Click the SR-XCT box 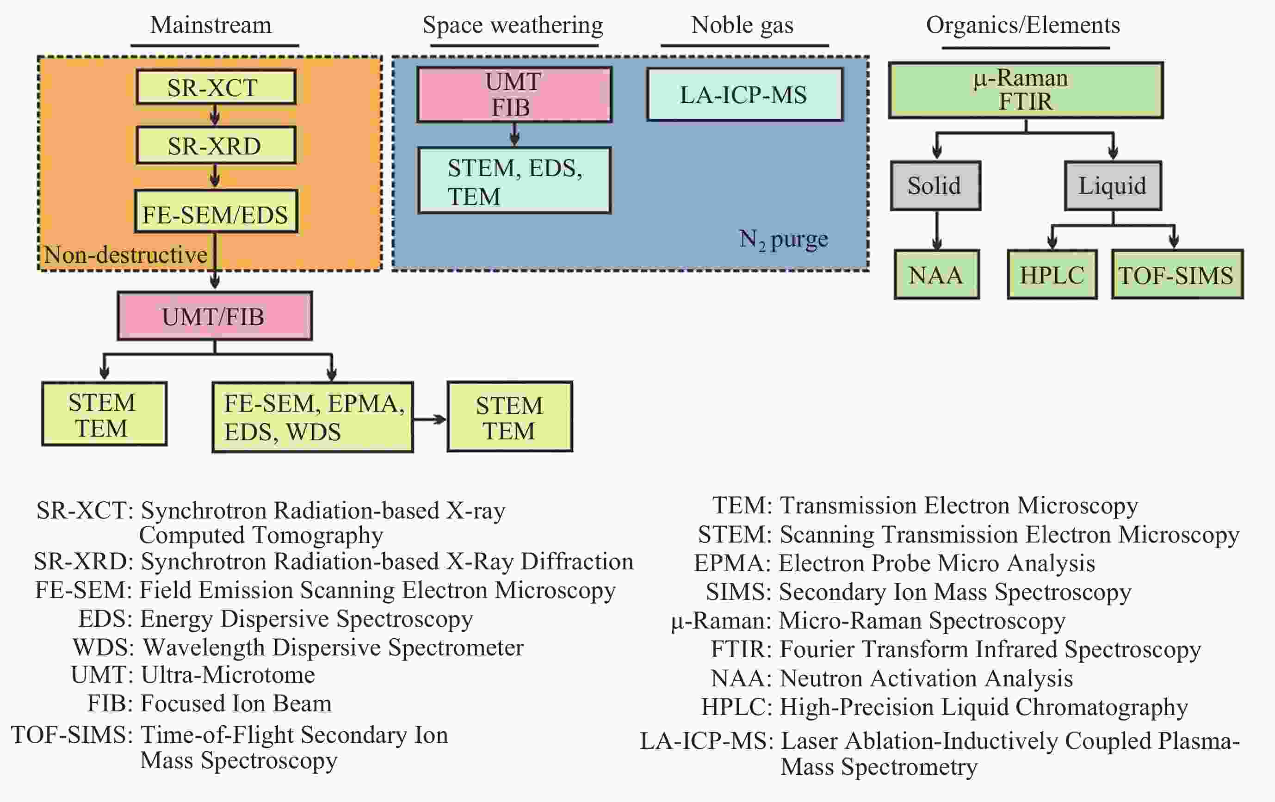216,87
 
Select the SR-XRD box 216,145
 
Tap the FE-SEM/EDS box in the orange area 216,212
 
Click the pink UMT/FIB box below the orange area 215,316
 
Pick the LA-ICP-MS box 744,95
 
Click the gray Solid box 935,186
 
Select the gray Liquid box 1113,186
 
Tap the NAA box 937,275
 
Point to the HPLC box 1052,275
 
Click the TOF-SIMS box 1177,275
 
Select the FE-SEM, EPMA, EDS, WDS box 312,417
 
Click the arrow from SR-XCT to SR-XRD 215,115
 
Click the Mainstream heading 211,25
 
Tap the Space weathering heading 513,25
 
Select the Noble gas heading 743,25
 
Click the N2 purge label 784,240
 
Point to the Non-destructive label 125,255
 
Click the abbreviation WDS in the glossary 103,647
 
